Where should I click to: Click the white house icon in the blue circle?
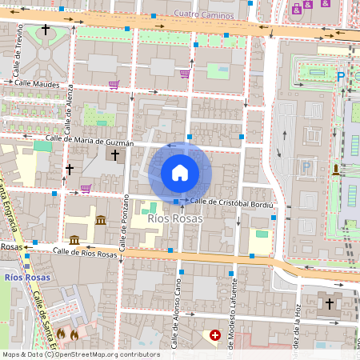tap(179, 172)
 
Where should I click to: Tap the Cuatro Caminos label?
tap(206, 14)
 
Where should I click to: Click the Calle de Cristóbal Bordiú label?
tap(232, 202)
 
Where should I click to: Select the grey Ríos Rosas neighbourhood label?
tap(175, 218)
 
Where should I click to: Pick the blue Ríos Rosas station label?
tap(26, 278)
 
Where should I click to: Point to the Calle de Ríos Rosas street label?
tap(85, 252)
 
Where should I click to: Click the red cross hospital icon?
tap(214, 335)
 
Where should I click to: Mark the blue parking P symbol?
tap(341, 77)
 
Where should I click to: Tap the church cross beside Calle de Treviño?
tap(46, 30)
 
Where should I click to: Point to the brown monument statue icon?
tap(335, 169)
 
